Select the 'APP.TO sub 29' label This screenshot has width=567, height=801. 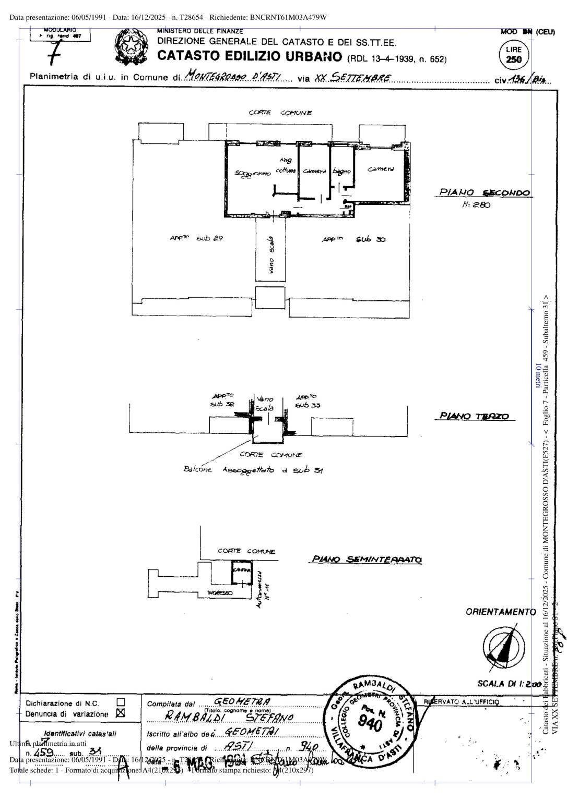coord(196,238)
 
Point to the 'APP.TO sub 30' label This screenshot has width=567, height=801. coord(353,239)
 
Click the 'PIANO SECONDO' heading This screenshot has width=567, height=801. coord(484,192)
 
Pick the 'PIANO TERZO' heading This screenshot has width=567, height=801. coord(474,416)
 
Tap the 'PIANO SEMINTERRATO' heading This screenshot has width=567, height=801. coord(367,560)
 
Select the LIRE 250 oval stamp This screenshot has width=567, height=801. coord(514,54)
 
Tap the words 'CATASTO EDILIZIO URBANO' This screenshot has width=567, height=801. coord(250,56)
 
